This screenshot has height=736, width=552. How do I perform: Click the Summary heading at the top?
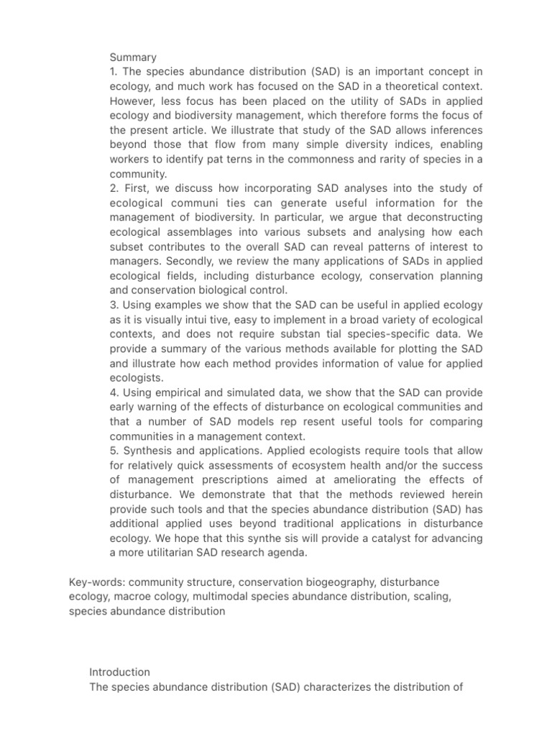tap(133, 56)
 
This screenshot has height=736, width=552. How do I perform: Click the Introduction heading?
tap(119, 672)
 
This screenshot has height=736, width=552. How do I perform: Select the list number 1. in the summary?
tap(113, 72)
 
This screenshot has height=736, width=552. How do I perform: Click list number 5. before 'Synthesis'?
tap(114, 450)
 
